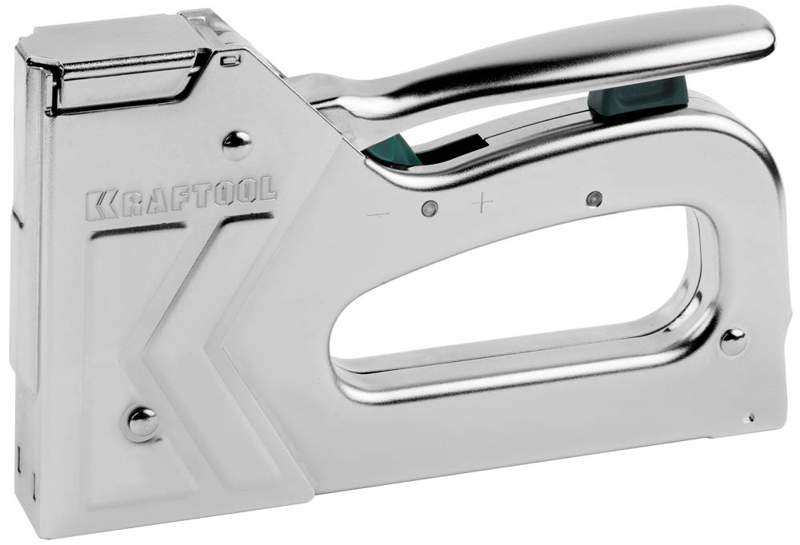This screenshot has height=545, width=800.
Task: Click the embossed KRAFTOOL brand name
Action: pyautogui.click(x=181, y=197)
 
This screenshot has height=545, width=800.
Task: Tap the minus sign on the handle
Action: pyautogui.click(x=378, y=215)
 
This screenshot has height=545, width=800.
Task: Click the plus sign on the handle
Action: pyautogui.click(x=482, y=203)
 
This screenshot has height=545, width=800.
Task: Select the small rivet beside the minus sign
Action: pyautogui.click(x=430, y=208)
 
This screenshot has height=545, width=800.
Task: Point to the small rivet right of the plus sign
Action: pyautogui.click(x=594, y=199)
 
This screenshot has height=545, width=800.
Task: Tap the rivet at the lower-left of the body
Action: pyautogui.click(x=142, y=424)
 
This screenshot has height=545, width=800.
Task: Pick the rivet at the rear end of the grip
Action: pyautogui.click(x=733, y=342)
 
